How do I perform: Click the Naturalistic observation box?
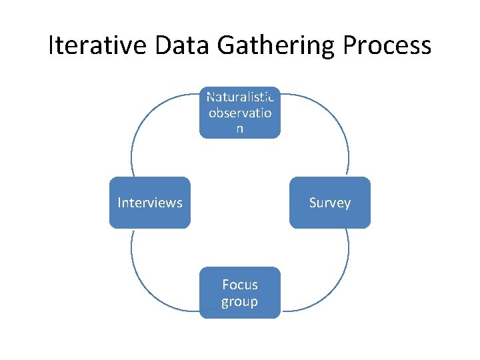click(240, 113)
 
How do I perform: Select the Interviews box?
click(149, 203)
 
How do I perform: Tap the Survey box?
click(330, 203)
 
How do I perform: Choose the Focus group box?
click(240, 293)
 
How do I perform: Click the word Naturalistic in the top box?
click(240, 97)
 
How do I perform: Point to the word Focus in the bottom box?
click(240, 285)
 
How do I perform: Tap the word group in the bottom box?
click(240, 301)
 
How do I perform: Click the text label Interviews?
click(149, 203)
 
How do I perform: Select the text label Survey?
click(330, 203)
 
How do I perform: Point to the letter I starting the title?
click(52, 45)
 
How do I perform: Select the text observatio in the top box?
click(240, 113)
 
